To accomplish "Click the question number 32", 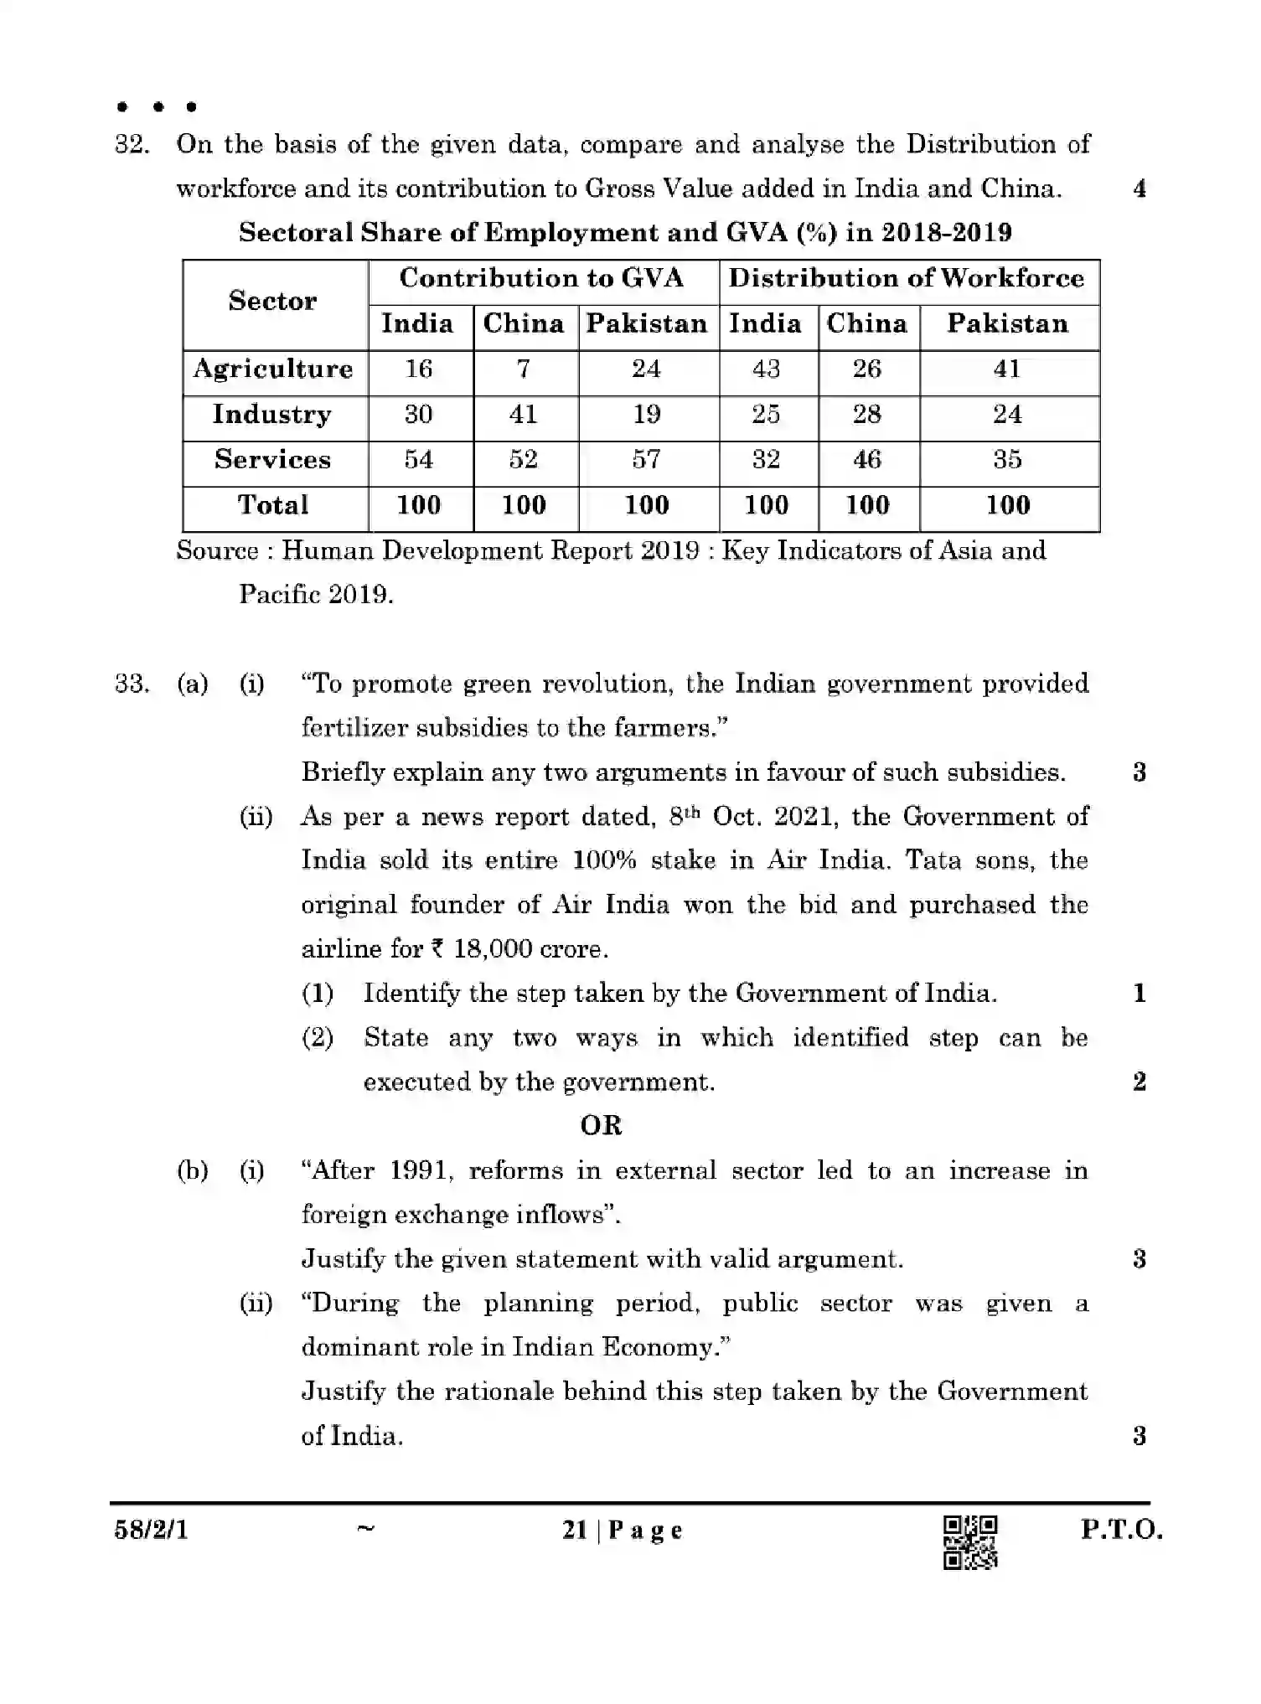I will (132, 145).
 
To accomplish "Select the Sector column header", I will (273, 301).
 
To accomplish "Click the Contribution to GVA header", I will (541, 278).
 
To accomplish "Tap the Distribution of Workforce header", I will (907, 278).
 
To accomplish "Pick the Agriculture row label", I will (273, 369).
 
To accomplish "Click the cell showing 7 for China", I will (524, 369).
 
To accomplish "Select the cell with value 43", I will (766, 369).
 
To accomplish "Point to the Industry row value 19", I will (647, 415).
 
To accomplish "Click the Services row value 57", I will (647, 460).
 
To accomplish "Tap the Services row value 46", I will (867, 460).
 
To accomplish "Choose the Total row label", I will (273, 505).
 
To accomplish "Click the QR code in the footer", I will (970, 1541).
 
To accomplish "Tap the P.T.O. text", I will (1121, 1531).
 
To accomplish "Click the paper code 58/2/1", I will (151, 1531).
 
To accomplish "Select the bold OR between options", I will (601, 1125).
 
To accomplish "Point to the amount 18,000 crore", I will (519, 949).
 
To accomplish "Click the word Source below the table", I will (217, 551).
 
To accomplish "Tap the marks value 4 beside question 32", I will (1140, 189).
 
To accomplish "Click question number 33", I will (132, 684).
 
